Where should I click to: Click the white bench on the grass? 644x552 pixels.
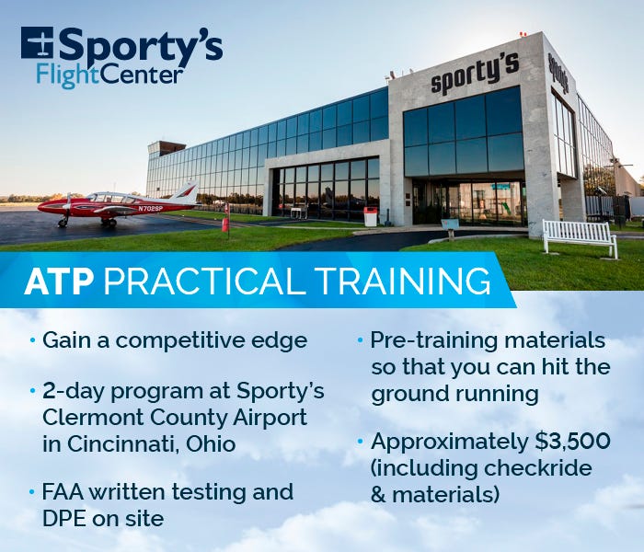pyautogui.click(x=580, y=237)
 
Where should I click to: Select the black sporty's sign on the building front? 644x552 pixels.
pyautogui.click(x=475, y=73)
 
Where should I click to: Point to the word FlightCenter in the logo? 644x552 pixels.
pyautogui.click(x=109, y=75)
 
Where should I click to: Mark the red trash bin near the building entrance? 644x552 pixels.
pyautogui.click(x=371, y=217)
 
